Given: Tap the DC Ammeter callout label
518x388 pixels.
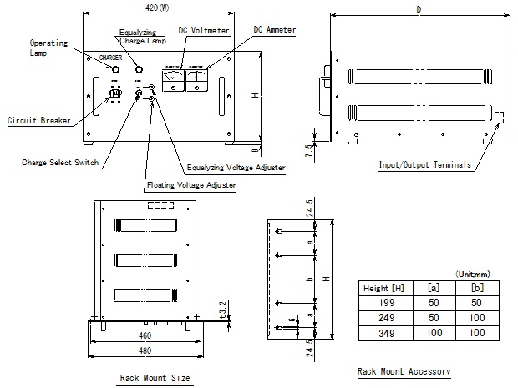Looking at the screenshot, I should [275, 30].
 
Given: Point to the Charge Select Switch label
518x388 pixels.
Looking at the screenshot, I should [60, 162].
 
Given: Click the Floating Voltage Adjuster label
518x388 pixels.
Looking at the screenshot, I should [190, 184].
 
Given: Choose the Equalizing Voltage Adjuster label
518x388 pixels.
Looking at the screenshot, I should [236, 168].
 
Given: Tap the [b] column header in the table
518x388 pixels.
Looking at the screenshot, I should [476, 287].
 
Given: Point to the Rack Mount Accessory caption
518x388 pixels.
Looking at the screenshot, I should [404, 371].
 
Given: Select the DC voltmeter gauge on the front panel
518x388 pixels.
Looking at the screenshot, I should [174, 79].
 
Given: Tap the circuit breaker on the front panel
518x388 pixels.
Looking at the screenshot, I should [118, 94].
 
